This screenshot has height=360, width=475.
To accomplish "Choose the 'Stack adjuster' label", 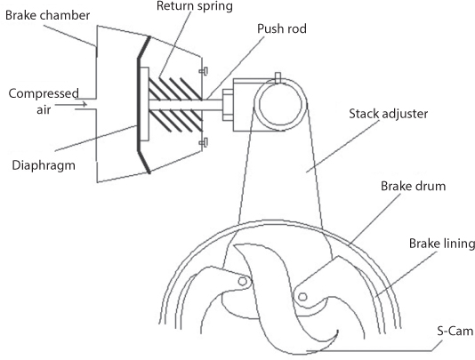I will pyautogui.click(x=388, y=115).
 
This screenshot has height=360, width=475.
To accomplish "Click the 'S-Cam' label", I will pyautogui.click(x=450, y=330).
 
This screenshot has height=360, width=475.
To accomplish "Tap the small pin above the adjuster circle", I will pyautogui.click(x=278, y=78).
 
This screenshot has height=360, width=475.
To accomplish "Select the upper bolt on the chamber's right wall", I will pyautogui.click(x=204, y=72).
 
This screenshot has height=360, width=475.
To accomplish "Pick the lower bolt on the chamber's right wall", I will pyautogui.click(x=204, y=141).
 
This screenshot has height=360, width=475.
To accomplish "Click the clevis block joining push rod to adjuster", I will pyautogui.click(x=242, y=105).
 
